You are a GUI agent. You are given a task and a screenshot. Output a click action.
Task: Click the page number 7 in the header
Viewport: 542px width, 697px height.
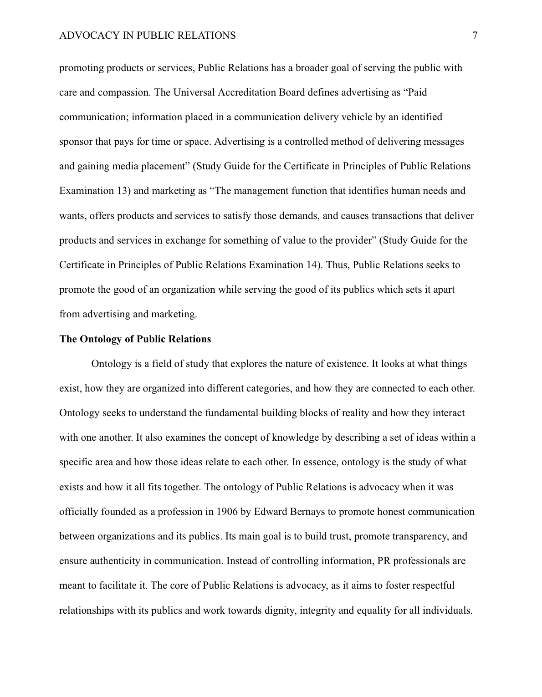coord(475,36)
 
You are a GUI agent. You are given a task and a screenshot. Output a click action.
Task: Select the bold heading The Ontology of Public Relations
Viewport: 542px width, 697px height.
coord(135,339)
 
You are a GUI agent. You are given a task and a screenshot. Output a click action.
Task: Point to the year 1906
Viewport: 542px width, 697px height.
coord(227,512)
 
